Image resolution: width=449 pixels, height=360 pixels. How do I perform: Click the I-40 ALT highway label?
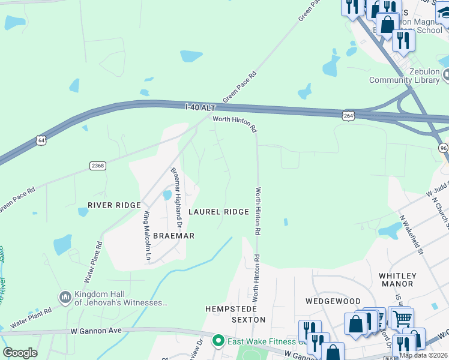(200, 107)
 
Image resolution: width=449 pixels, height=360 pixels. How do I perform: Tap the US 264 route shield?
(348, 114)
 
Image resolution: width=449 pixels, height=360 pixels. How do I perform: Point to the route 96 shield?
(443, 148)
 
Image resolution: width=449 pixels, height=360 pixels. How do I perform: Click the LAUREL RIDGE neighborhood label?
(218, 212)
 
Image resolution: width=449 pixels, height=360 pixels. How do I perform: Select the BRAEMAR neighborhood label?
(173, 236)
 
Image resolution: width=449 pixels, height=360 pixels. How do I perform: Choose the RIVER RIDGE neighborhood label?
(113, 205)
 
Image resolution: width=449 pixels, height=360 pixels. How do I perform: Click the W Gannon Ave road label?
(96, 331)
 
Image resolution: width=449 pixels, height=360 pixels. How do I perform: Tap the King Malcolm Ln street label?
(147, 236)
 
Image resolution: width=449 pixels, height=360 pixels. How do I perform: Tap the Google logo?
(20, 353)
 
